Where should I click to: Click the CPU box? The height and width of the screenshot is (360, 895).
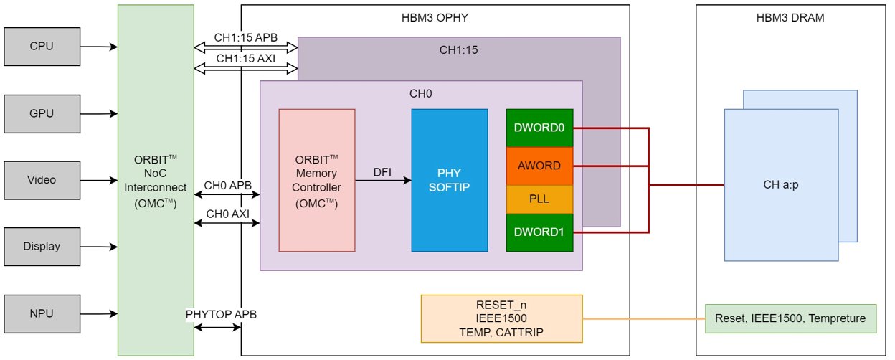42,47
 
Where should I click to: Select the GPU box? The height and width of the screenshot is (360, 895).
42,114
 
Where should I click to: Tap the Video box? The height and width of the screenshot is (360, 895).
42,180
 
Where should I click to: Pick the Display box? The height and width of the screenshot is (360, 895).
42,247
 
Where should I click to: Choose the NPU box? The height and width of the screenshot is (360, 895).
42,314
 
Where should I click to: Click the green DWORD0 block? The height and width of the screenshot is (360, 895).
539,128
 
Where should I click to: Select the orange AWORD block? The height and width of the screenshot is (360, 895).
539,166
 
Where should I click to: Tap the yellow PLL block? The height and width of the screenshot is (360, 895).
539,199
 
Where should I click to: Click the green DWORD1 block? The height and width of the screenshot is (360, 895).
539,232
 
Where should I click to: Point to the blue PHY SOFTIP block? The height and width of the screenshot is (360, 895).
450,180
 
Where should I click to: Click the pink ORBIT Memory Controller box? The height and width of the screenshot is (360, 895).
317,180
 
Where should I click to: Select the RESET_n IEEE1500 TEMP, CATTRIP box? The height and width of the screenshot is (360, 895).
501,319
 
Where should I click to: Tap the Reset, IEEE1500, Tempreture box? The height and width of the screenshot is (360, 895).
790,319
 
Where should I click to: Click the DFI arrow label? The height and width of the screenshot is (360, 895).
382,172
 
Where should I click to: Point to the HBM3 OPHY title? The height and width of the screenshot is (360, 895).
435,18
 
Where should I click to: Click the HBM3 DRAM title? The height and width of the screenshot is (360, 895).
790,18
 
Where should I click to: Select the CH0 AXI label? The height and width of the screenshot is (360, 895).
228,214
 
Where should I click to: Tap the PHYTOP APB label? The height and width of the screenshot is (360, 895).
221,314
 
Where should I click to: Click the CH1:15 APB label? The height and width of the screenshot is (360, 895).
246,37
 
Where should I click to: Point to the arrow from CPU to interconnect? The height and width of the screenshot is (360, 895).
99,47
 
